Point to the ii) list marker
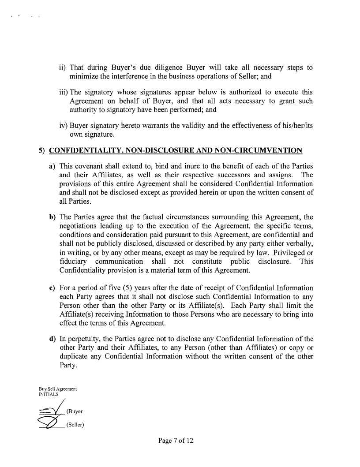coord(63,68)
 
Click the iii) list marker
coord(64,93)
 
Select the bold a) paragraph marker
coord(52,166)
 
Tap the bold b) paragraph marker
coord(52,217)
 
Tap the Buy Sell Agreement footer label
coord(58,389)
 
